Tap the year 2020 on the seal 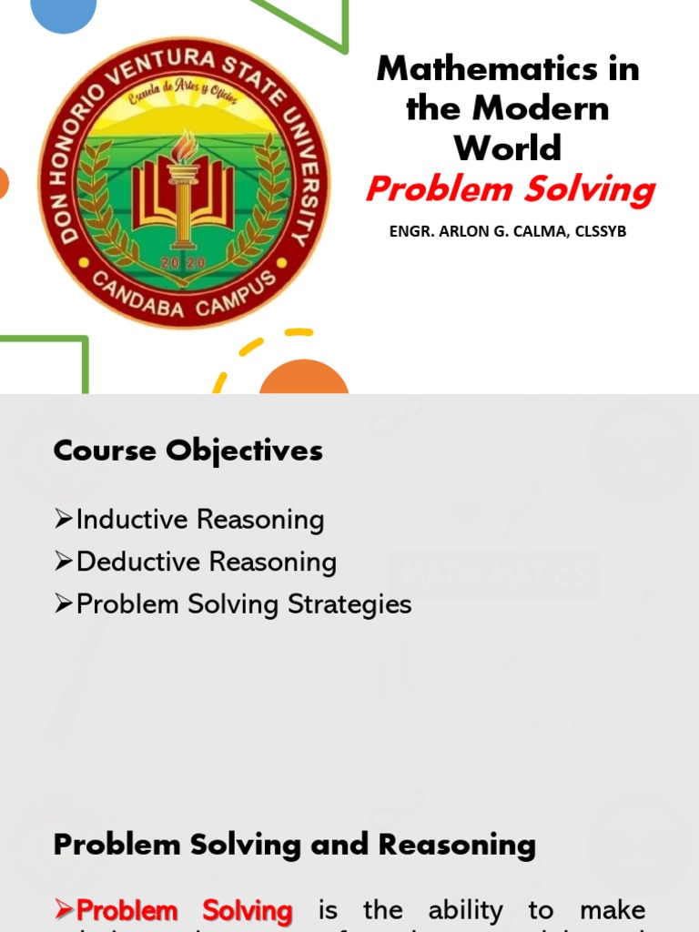184,262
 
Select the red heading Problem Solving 510,190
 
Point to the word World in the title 508,147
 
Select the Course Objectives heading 188,451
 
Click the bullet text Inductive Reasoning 200,520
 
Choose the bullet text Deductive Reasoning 207,562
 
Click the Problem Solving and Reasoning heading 295,845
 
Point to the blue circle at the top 64,14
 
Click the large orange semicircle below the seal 304,378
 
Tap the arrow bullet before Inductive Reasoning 63,520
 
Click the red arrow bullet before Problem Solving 63,910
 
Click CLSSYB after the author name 595,231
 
